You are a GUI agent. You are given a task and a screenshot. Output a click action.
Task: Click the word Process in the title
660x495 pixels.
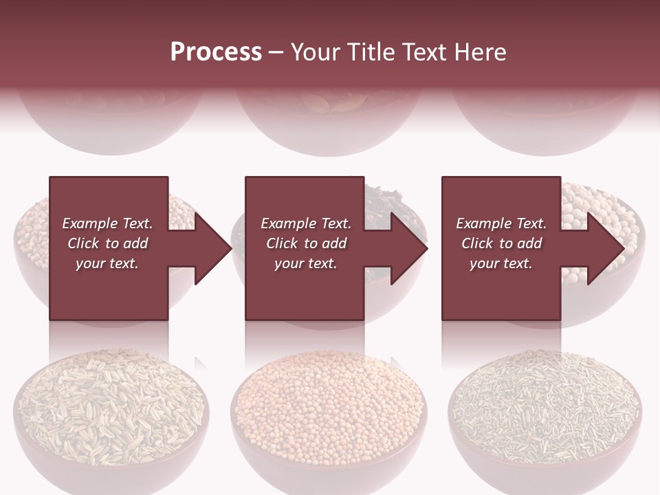coord(216,52)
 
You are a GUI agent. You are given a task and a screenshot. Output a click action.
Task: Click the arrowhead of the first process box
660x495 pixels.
coord(212,248)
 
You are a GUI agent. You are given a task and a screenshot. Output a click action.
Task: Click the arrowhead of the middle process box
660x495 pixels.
coord(408,248)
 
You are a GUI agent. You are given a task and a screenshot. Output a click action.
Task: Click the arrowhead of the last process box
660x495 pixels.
coord(604,248)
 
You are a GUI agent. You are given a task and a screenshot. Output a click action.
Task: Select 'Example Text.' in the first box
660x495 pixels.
coord(107,223)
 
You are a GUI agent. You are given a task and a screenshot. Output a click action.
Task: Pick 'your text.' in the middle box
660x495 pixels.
coord(306,263)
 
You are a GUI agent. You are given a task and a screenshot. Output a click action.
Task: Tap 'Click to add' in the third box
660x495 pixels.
coord(501,243)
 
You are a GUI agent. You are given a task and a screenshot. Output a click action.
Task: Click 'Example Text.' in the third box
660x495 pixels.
coord(501,223)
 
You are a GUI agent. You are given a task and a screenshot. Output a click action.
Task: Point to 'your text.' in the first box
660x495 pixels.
coord(107,263)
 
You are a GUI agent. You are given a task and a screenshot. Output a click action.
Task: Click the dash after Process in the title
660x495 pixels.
coord(276,52)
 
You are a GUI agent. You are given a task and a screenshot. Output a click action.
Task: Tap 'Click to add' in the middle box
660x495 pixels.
coord(306,243)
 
